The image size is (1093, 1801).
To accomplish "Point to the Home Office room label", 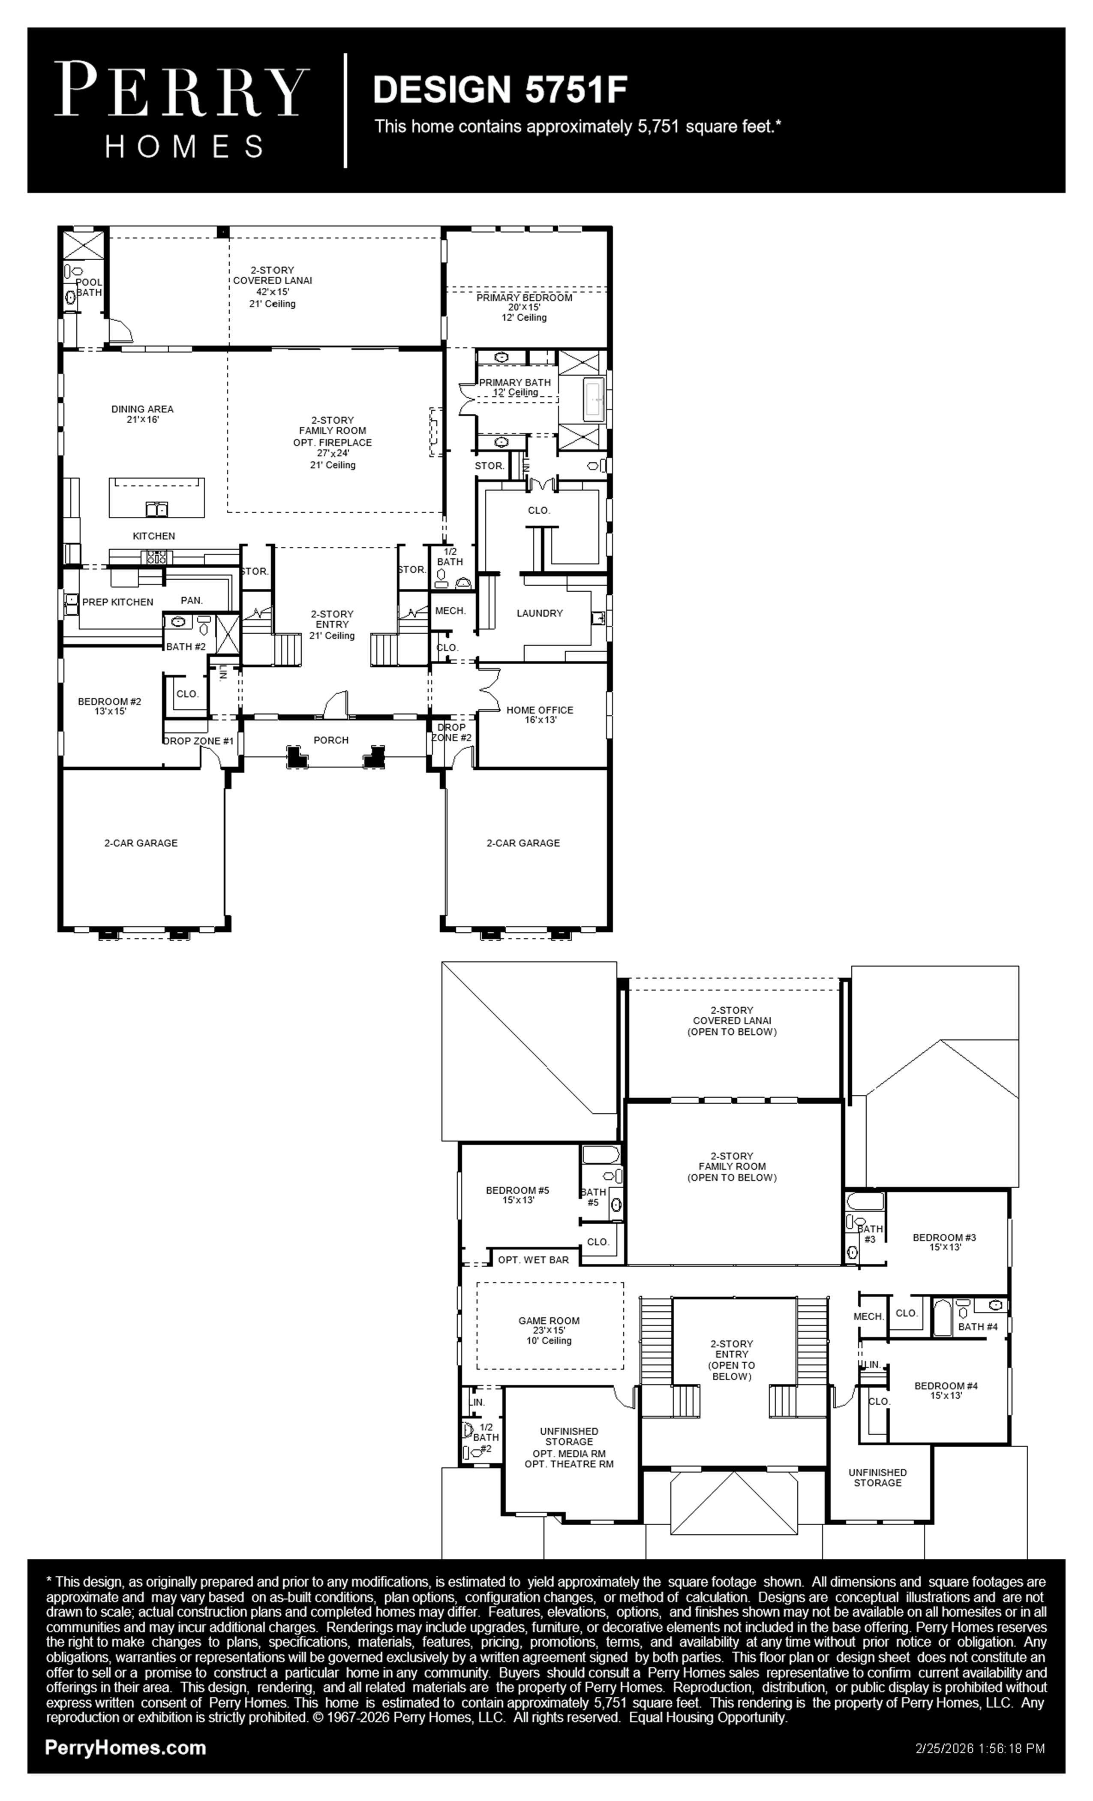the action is [540, 710].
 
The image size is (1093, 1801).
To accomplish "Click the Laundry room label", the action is [540, 613].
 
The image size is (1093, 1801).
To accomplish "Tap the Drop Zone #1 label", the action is [198, 741].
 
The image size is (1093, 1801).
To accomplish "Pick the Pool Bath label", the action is [89, 287].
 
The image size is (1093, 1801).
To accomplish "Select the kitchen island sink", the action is [156, 509].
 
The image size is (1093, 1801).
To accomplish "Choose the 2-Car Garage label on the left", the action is [141, 843].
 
